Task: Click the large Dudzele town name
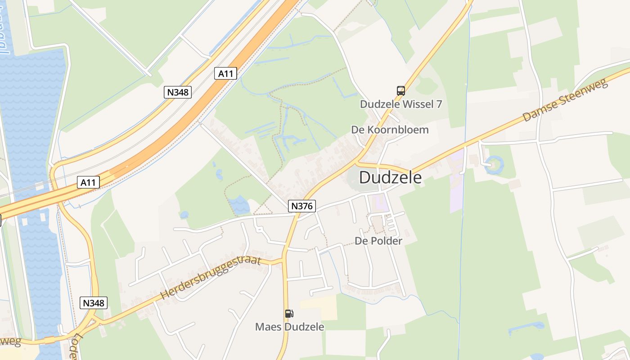(x=390, y=177)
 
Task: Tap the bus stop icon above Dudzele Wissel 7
(x=400, y=90)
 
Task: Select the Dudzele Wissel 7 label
(x=400, y=104)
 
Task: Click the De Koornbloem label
(x=390, y=130)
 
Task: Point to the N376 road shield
(x=302, y=206)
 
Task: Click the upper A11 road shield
(x=225, y=73)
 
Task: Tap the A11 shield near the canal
(x=88, y=182)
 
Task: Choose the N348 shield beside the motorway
(x=178, y=92)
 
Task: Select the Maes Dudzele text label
(x=289, y=327)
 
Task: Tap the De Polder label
(x=378, y=241)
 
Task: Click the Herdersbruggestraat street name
(x=211, y=278)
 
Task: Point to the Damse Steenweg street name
(x=565, y=101)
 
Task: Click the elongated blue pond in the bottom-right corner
(x=526, y=328)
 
